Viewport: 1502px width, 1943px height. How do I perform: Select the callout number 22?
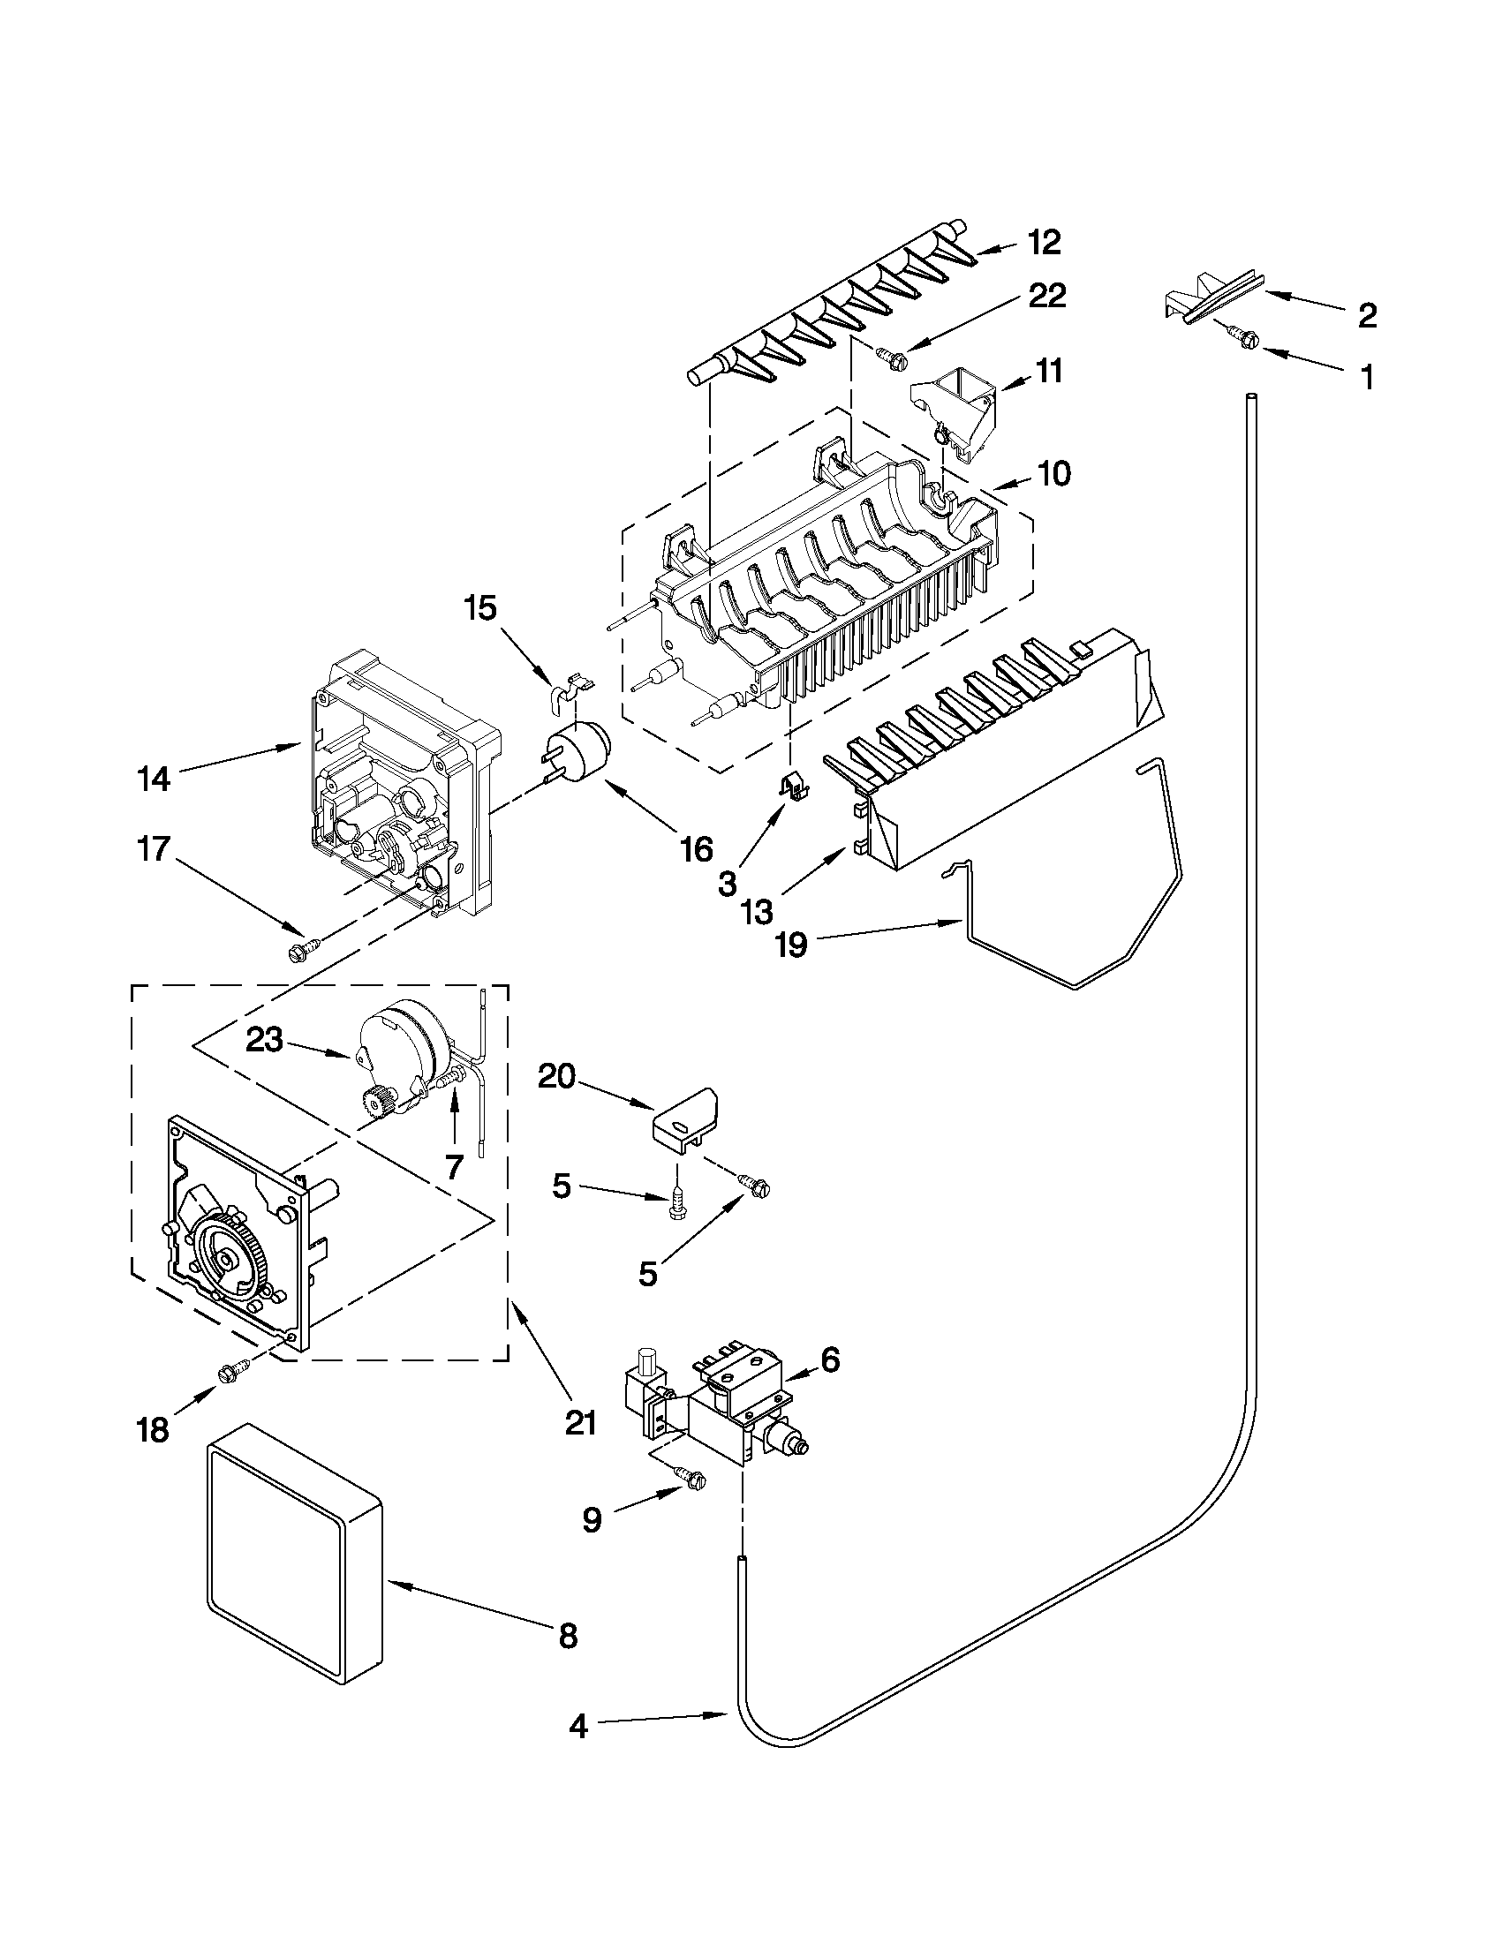[1046, 297]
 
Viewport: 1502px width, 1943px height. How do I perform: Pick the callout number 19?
[791, 945]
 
